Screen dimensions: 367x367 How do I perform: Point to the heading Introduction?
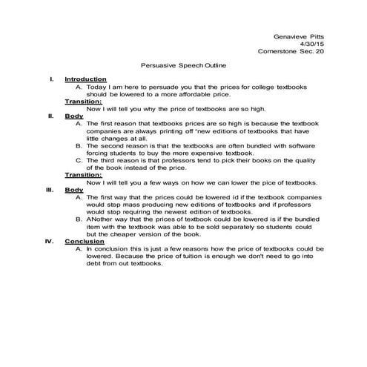[x=85, y=79]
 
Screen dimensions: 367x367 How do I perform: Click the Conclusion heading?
[x=84, y=241]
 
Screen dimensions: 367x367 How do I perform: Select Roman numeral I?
[x=51, y=79]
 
